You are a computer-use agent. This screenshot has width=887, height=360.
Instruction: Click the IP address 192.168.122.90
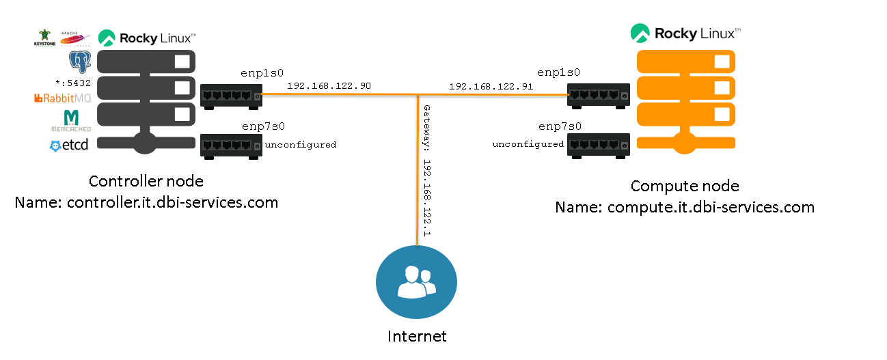pyautogui.click(x=329, y=86)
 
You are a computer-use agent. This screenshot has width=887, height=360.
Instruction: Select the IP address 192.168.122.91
pyautogui.click(x=491, y=87)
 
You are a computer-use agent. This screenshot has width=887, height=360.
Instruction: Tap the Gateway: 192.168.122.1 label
pyautogui.click(x=426, y=171)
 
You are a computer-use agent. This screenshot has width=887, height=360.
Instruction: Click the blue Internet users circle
pyautogui.click(x=417, y=282)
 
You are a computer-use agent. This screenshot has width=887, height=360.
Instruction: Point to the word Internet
pyautogui.click(x=417, y=336)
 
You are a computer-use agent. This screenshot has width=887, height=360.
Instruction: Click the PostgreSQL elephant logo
pyautogui.click(x=80, y=62)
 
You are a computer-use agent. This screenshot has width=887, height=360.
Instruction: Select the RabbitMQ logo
pyautogui.click(x=62, y=98)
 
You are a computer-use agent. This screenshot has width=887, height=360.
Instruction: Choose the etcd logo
pyautogui.click(x=69, y=145)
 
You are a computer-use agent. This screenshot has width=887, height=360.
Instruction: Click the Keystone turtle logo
pyautogui.click(x=45, y=38)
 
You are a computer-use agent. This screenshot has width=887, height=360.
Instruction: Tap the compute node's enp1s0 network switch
pyautogui.click(x=597, y=96)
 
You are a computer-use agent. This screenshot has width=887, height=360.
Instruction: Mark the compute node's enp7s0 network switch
pyautogui.click(x=597, y=145)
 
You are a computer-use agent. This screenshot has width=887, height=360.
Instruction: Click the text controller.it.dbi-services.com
pyautogui.click(x=172, y=202)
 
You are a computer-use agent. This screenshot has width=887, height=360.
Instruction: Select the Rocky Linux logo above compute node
pyautogui.click(x=685, y=33)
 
